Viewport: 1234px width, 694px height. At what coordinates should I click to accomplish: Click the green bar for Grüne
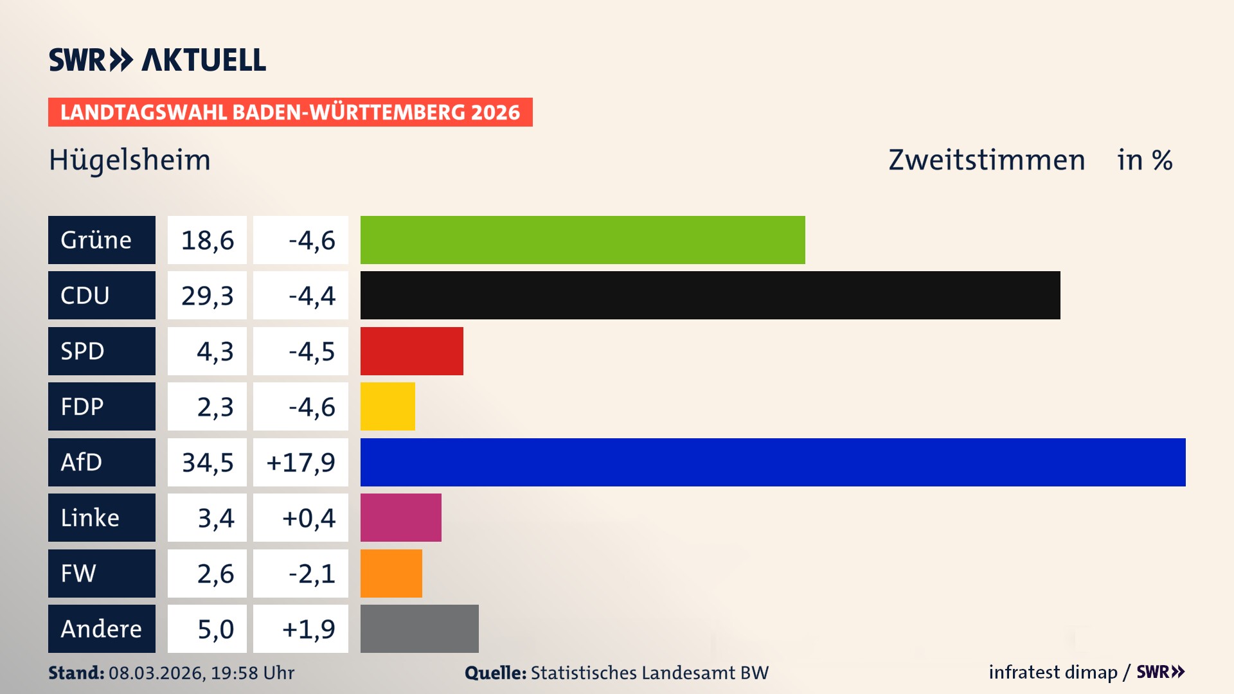coord(582,240)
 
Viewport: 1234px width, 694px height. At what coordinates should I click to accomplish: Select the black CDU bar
coord(710,295)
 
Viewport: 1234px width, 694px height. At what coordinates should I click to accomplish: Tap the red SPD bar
coord(411,351)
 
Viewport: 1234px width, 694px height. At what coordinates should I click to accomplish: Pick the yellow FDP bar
coord(388,406)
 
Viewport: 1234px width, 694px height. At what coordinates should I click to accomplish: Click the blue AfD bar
coord(773,462)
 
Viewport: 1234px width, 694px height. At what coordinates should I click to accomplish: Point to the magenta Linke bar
coord(400,517)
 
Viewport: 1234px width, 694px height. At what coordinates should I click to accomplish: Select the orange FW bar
coord(391,573)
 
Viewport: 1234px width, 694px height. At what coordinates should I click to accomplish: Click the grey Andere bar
coord(419,628)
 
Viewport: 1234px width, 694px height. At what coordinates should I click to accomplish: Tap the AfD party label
coord(102,462)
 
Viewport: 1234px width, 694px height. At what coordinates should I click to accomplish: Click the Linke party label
coord(102,517)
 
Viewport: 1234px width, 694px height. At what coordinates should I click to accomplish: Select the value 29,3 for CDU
coord(207,296)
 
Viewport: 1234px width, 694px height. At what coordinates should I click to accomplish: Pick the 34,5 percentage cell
coord(207,463)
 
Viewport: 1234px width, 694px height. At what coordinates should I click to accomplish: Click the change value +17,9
coord(301,463)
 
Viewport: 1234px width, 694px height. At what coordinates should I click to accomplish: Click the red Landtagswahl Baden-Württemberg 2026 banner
coord(290,112)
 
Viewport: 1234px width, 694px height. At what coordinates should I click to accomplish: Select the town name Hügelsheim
coord(130,160)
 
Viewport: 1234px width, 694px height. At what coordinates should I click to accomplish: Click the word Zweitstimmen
coord(987,160)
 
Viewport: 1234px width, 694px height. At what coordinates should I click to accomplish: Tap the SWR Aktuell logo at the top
coord(157,60)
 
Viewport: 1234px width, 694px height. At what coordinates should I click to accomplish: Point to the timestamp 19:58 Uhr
coord(253,673)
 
